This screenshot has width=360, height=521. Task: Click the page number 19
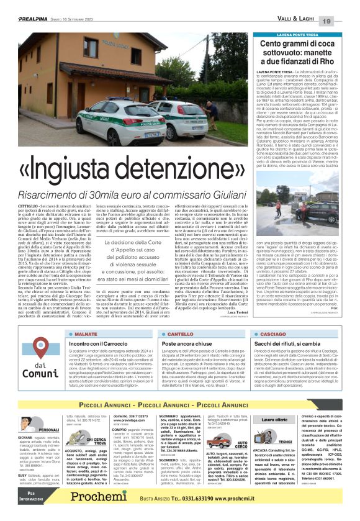tap(344, 22)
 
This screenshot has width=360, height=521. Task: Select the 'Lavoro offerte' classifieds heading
tap(275, 419)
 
